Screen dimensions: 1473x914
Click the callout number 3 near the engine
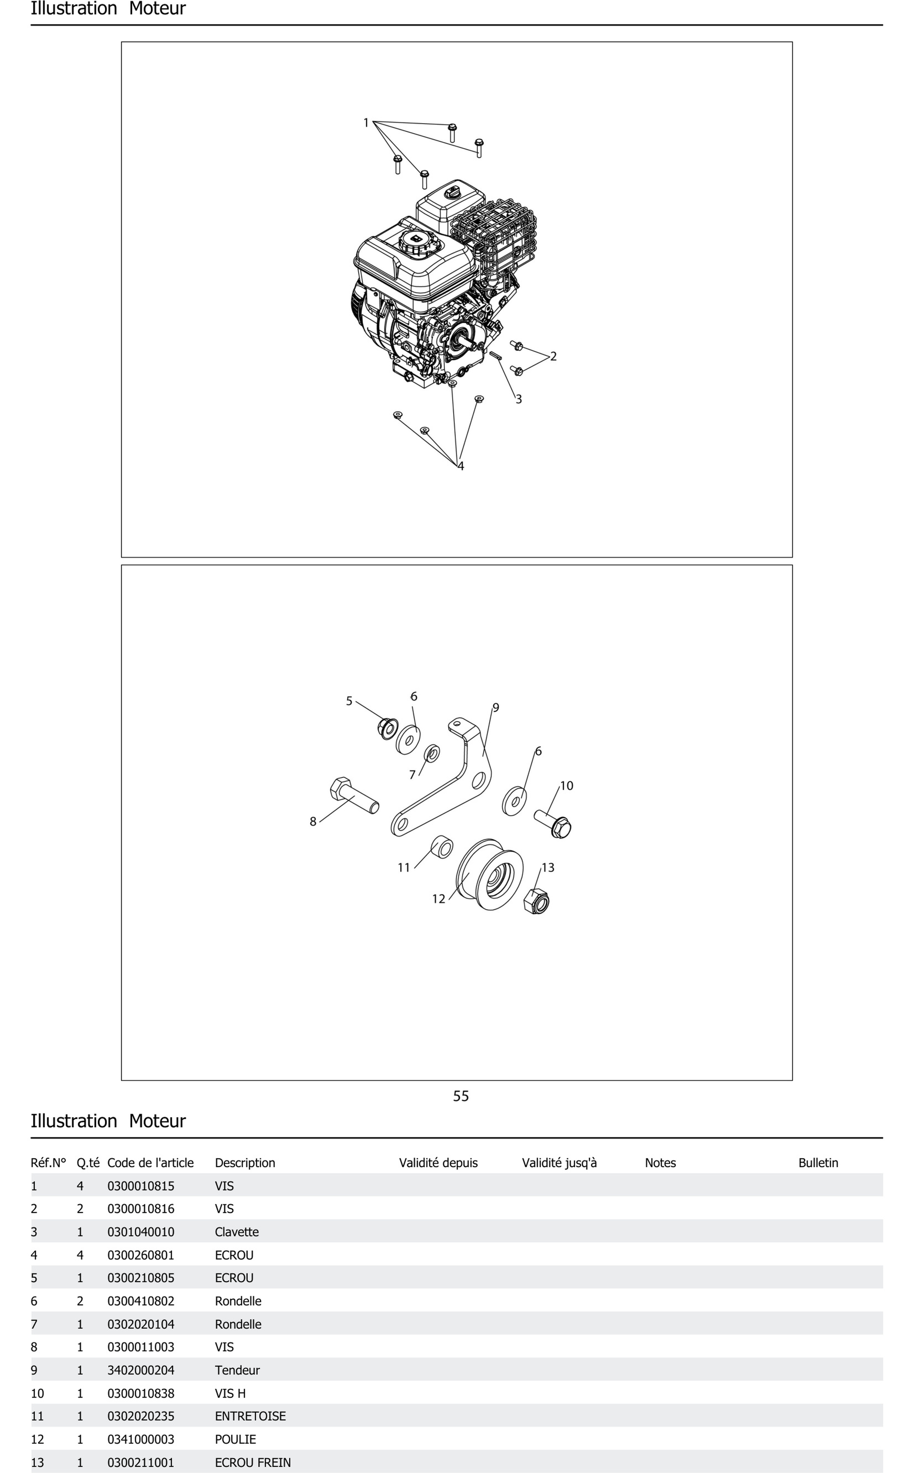[x=518, y=399]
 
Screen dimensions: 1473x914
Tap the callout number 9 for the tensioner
[x=496, y=707]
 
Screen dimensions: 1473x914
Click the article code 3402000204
[x=141, y=1370]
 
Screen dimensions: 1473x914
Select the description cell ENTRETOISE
[x=250, y=1416]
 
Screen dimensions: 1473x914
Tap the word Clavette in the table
[x=236, y=1232]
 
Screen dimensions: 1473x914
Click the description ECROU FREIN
[x=253, y=1462]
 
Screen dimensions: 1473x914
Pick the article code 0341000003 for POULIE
[x=141, y=1439]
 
